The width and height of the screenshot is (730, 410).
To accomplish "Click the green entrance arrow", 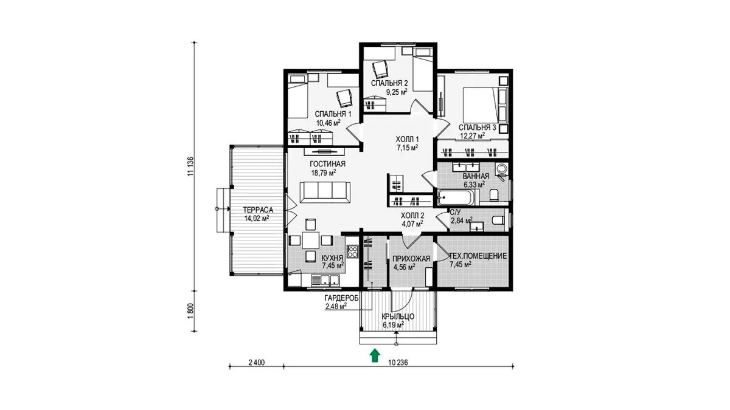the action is [x=375, y=355].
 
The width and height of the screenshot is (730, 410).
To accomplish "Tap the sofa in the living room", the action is [x=325, y=193].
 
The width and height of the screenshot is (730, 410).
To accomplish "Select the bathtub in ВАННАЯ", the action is [x=455, y=197].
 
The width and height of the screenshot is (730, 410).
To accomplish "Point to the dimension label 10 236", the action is [x=398, y=363].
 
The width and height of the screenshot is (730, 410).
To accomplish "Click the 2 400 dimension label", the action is [x=257, y=363].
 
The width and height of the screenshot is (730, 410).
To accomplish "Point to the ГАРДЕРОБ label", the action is [x=341, y=298].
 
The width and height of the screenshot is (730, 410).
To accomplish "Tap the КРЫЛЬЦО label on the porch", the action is [x=398, y=316].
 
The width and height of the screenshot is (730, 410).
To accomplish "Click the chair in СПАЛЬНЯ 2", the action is [x=380, y=69].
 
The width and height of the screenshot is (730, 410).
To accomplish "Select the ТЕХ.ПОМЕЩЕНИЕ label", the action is [x=478, y=256].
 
